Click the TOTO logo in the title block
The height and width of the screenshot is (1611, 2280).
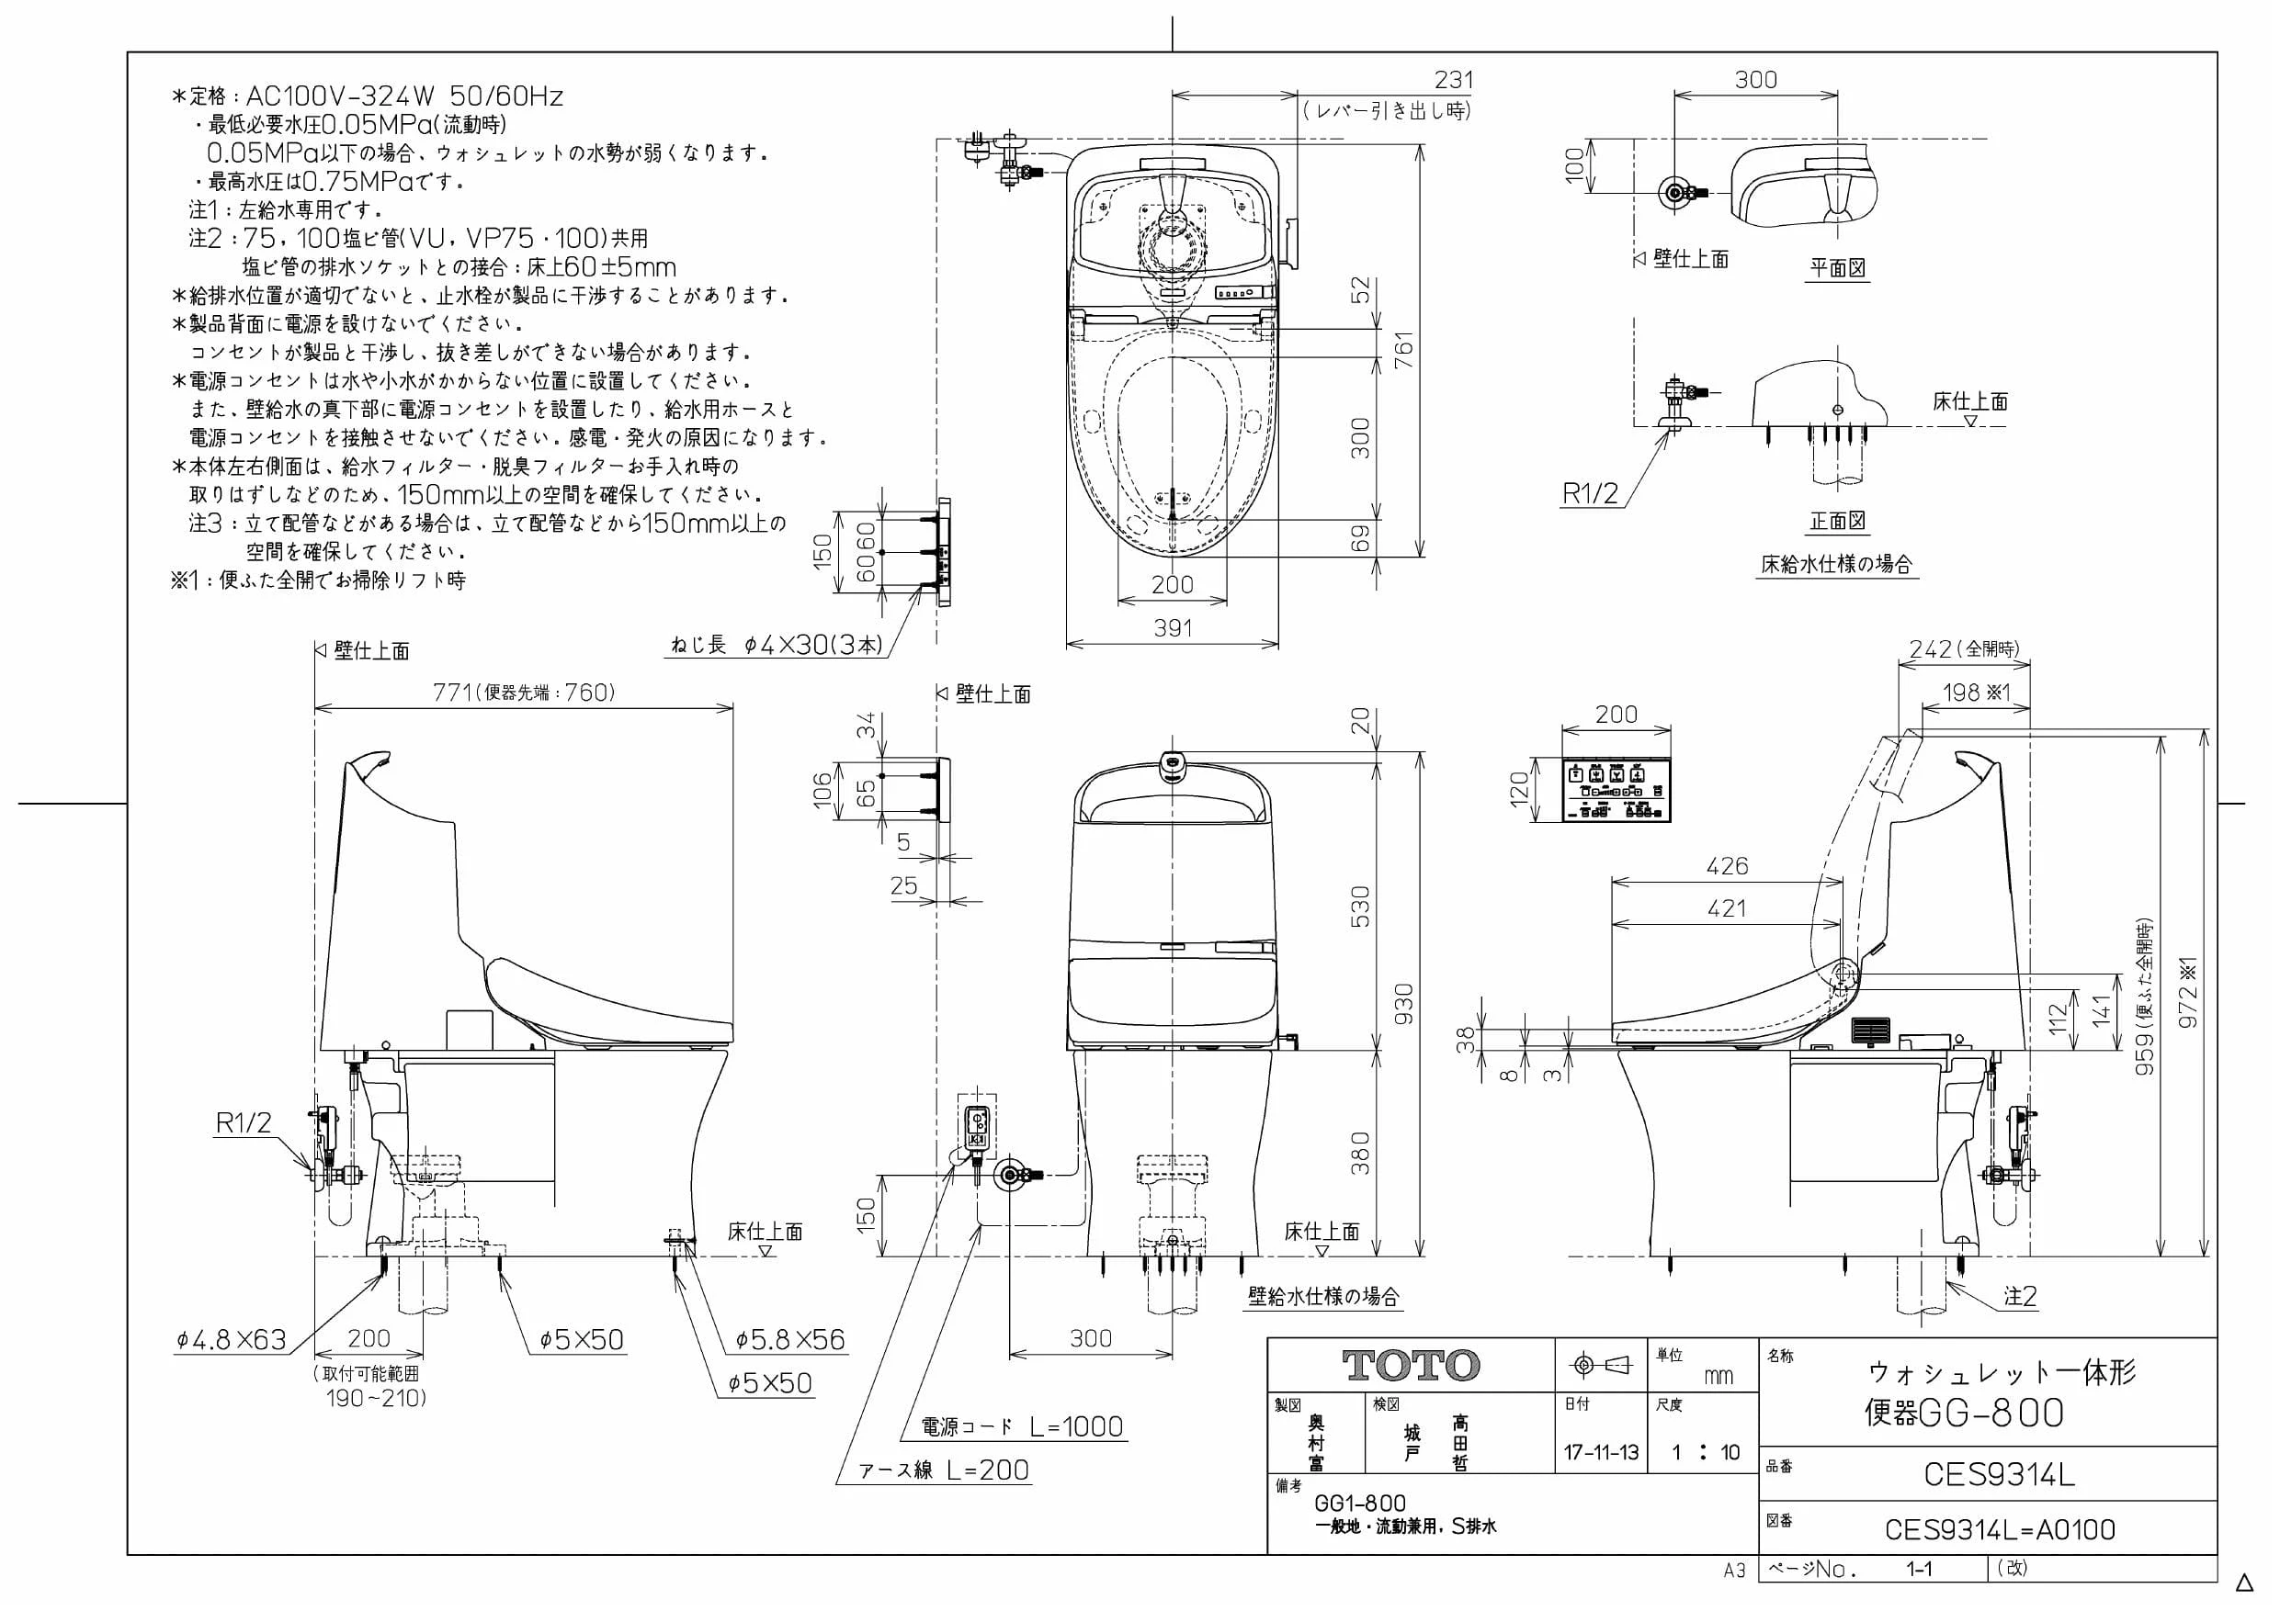(x=1410, y=1366)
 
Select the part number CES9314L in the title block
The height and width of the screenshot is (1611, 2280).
(x=1999, y=1475)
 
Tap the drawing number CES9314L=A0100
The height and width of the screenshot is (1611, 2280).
(x=1999, y=1529)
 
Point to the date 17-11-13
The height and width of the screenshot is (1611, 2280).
(x=1601, y=1452)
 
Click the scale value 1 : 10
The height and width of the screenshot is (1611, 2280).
(x=1705, y=1452)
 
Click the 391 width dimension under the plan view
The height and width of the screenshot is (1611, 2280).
(x=1172, y=627)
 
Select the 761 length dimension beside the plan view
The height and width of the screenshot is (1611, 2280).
(x=1403, y=349)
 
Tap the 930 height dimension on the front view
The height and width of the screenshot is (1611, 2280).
(x=1403, y=1005)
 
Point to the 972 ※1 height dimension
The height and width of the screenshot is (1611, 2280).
(x=2188, y=993)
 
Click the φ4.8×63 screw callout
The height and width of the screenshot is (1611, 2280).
(x=232, y=1340)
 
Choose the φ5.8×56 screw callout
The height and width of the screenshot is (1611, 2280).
(x=789, y=1340)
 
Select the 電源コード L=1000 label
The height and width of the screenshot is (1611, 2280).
(x=1022, y=1426)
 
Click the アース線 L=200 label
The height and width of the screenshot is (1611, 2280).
(x=945, y=1470)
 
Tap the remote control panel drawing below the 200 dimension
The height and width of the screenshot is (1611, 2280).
(x=1616, y=790)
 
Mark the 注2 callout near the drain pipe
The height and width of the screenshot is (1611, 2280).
(x=2020, y=1296)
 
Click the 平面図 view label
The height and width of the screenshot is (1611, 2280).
(x=1837, y=268)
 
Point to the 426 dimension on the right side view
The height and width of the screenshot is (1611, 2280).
(x=1727, y=865)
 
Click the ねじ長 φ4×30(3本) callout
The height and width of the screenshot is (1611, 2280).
(x=776, y=645)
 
